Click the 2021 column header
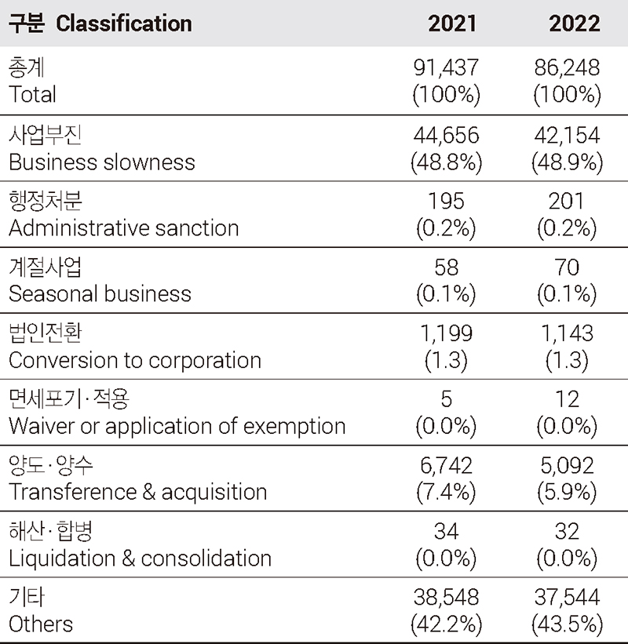[x=452, y=23]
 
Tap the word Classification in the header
[x=124, y=23]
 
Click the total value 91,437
[x=446, y=68]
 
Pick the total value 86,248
[x=567, y=68]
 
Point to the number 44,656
[x=446, y=135]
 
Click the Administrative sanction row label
[x=124, y=228]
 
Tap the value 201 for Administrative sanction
[x=567, y=202]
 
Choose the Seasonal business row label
[x=100, y=294]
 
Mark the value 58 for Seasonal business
[x=446, y=267]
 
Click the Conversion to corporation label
[x=135, y=360]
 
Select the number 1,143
[x=567, y=333]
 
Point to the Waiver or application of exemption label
[x=177, y=426]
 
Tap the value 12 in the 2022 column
[x=567, y=399]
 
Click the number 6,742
[x=446, y=465]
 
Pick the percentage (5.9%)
[x=567, y=492]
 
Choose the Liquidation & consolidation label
[x=140, y=558]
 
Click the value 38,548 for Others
[x=446, y=598]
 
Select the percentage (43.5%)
[x=567, y=624]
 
